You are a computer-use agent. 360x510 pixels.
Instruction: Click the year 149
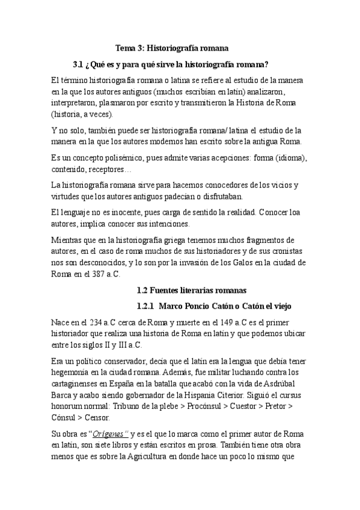coord(242,323)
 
